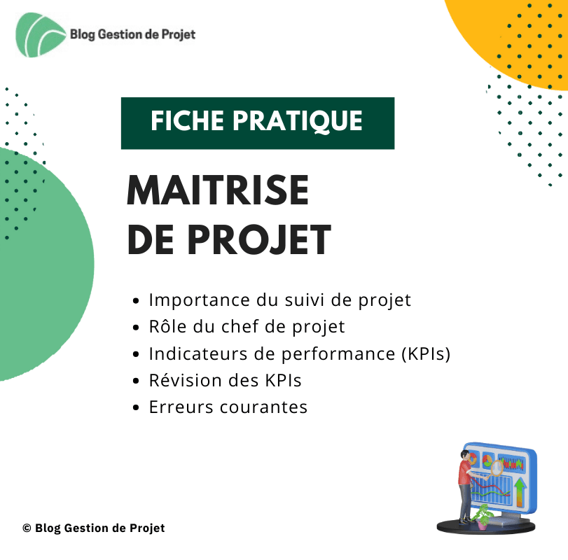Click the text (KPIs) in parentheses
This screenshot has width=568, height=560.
coord(426,353)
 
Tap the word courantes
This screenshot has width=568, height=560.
coord(268,407)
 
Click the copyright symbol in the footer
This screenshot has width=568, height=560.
coord(27,528)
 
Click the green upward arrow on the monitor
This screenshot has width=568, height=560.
coord(520,491)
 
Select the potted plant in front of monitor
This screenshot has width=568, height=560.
coord(481,517)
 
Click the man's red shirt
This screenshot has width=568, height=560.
coord(464,474)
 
